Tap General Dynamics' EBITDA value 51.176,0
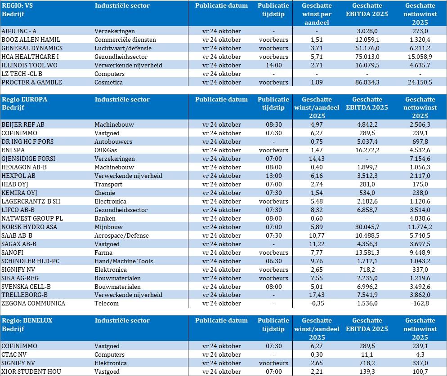point(367,48)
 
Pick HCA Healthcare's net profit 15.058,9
point(420,57)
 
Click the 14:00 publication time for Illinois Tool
point(273,65)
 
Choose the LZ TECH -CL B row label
point(22,74)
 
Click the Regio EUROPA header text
point(24,99)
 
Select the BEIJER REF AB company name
point(23,124)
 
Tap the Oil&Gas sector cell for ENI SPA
point(106,150)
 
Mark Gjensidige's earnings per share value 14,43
point(317,159)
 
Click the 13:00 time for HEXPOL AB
point(273,176)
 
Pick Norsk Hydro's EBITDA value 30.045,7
point(367,227)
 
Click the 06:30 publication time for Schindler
point(273,261)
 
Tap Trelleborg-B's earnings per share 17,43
point(317,295)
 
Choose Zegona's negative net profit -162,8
point(420,304)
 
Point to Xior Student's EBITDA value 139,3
point(367,372)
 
